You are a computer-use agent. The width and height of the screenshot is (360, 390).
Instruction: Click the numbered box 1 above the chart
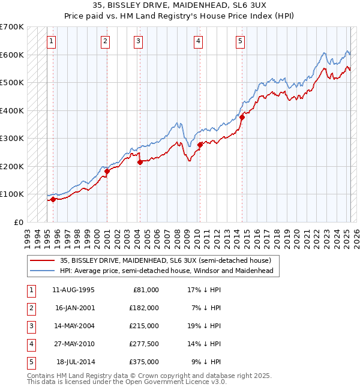(52, 41)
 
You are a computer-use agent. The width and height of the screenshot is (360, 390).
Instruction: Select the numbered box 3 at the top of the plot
(139, 41)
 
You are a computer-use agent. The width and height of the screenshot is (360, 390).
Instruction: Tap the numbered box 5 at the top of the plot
(240, 41)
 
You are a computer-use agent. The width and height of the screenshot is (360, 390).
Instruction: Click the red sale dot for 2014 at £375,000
(242, 118)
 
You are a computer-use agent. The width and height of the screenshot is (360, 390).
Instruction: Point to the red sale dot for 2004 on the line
(140, 162)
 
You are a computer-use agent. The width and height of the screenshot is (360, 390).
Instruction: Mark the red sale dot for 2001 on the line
(107, 171)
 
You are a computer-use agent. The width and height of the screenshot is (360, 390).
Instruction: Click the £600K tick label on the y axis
(12, 55)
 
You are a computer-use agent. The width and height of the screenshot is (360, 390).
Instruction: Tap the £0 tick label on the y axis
(19, 222)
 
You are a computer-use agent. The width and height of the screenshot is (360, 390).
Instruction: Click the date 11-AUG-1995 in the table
(74, 289)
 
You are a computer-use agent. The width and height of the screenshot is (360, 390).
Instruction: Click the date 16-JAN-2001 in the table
(74, 308)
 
